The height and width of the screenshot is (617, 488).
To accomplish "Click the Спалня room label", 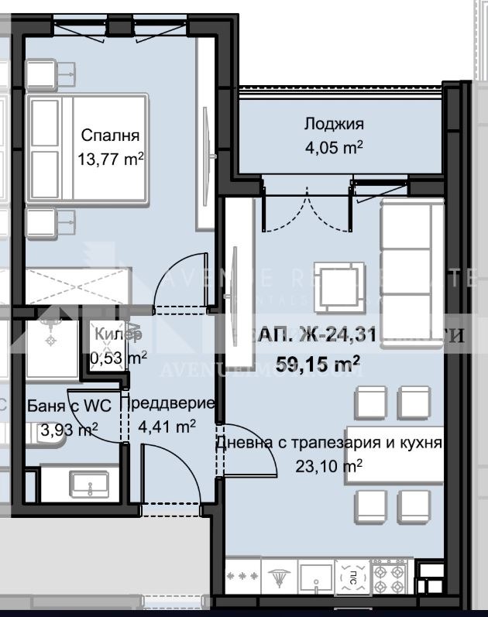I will [x=110, y=135].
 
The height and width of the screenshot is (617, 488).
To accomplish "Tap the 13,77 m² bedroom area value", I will [x=110, y=159].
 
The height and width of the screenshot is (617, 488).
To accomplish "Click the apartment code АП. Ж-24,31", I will [x=318, y=335].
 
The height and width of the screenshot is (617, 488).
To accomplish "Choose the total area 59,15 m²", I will [x=318, y=362].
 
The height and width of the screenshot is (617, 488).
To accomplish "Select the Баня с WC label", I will [x=69, y=406].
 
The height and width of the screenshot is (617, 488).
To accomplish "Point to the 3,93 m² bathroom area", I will [x=69, y=430].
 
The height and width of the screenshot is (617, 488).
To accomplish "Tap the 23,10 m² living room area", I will [x=329, y=466].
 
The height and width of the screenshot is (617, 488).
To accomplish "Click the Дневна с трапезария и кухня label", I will [x=329, y=444].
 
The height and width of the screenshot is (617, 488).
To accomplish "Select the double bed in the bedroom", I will [x=87, y=149].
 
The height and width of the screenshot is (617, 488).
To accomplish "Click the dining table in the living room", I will [x=395, y=454].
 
